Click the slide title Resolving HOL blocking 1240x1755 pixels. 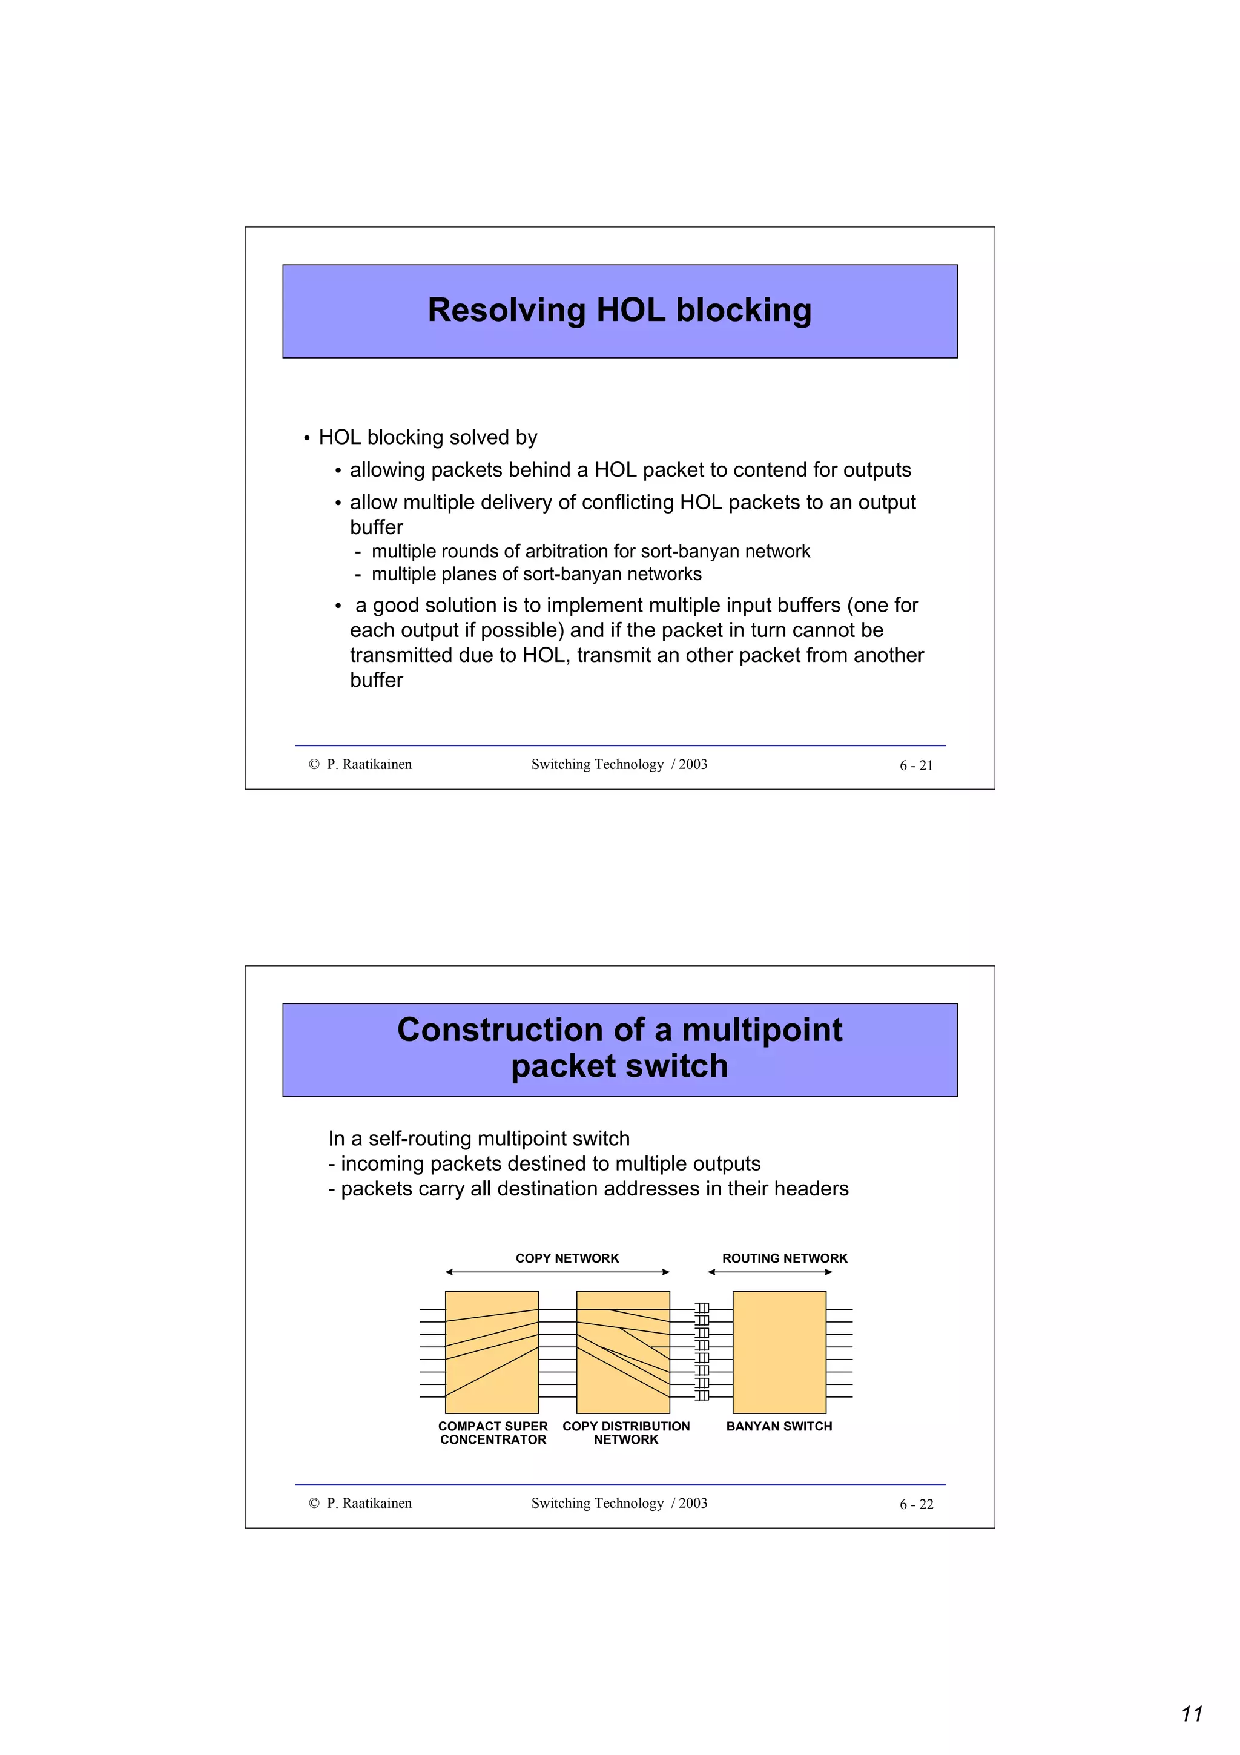coord(619,310)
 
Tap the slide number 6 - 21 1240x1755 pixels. coord(915,765)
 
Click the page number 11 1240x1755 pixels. coord(1191,1714)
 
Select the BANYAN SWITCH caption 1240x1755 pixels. coord(779,1426)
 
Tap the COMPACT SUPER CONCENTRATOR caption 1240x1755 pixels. coord(493,1432)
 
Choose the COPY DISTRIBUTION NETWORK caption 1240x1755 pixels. coord(625,1432)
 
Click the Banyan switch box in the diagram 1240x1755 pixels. coord(779,1352)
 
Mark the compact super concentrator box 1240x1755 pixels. coord(491,1352)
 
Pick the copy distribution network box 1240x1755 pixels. coord(622,1352)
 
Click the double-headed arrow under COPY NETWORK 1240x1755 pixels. coord(557,1272)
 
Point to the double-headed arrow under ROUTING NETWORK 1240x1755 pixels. coord(770,1272)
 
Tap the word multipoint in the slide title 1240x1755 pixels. coord(761,1030)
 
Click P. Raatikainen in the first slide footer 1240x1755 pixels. coord(369,764)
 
